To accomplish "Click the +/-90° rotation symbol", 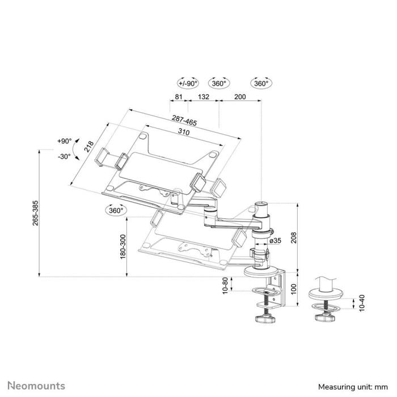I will pos(188,83).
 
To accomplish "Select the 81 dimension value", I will pos(179,97).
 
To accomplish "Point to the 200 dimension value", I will pos(240,97).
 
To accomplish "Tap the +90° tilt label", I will pos(64,141).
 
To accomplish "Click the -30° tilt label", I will pos(64,156).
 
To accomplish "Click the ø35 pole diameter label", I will pos(276,241).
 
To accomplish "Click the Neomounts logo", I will pos(36,386).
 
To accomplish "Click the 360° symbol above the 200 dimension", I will pos(261,83).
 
